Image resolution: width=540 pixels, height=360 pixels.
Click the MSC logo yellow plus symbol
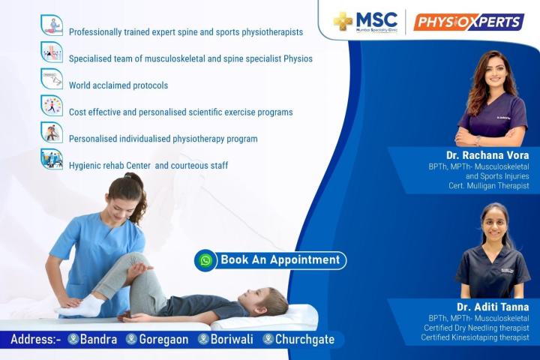[x=343, y=21]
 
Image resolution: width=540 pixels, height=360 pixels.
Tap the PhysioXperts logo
[x=469, y=22]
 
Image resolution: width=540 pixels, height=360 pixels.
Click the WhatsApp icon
[x=205, y=260]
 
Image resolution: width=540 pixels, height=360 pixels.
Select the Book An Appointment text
[x=280, y=259]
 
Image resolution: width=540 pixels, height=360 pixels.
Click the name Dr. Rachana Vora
[x=487, y=155]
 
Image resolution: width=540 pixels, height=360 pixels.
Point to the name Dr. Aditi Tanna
[x=493, y=307]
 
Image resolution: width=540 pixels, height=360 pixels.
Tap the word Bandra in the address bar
[x=98, y=339]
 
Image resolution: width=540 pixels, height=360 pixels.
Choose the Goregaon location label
[x=163, y=339]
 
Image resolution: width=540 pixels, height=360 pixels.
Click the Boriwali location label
[x=232, y=339]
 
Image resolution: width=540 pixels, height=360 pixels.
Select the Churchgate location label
[x=304, y=339]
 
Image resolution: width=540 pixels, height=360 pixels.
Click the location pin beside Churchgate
[x=268, y=339]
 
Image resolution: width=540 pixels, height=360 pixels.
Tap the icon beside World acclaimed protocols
[x=52, y=79]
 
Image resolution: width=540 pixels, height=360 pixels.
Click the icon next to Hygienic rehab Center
[x=52, y=159]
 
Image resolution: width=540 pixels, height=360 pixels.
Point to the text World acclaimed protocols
[x=118, y=85]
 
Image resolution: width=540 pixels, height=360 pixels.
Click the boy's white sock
[x=80, y=306]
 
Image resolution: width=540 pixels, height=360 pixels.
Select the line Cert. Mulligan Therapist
[x=489, y=186]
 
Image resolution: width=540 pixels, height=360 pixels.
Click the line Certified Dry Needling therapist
[x=477, y=328]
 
